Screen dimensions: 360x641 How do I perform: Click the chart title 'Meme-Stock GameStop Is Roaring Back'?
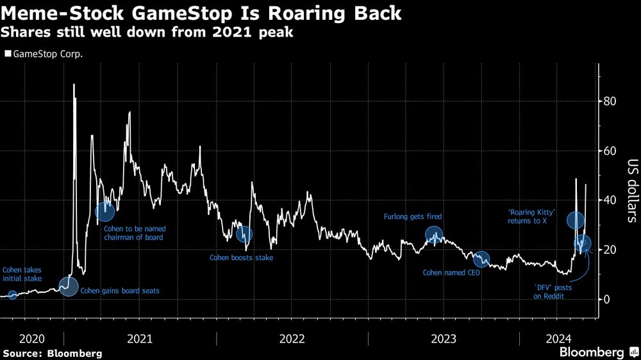[201, 13]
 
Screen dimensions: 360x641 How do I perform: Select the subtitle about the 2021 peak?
[148, 32]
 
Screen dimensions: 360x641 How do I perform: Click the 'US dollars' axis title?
[631, 191]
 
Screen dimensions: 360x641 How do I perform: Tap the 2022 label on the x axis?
[292, 338]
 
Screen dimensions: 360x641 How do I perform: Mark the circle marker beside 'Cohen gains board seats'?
[68, 286]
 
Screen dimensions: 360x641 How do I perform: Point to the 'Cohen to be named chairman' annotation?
[133, 233]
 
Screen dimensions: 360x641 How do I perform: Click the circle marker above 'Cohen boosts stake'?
[244, 234]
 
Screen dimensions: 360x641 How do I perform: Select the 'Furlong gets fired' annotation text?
[413, 217]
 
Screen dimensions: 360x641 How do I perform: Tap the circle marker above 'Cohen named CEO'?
[481, 259]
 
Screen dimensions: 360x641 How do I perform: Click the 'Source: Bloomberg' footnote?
[53, 353]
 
